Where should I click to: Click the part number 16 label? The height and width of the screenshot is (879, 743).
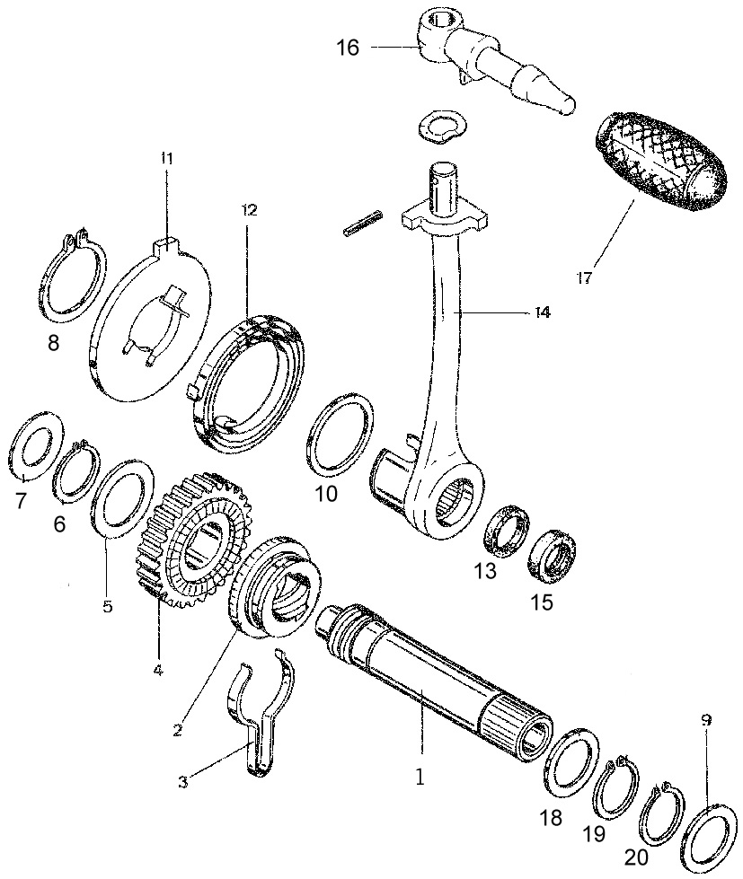(x=347, y=48)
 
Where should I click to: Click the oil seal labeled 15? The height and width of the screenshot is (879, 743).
(x=553, y=551)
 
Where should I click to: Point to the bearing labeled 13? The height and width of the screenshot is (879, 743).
(x=507, y=531)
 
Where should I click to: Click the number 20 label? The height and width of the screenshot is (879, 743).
(x=636, y=857)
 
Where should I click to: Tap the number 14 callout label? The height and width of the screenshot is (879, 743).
(x=542, y=312)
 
